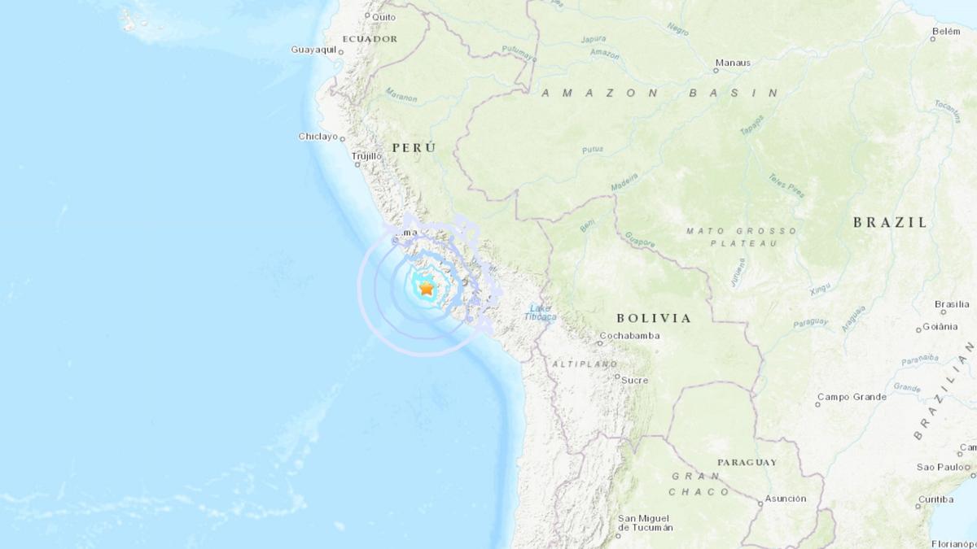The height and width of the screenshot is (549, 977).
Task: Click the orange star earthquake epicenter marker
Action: point(427,288)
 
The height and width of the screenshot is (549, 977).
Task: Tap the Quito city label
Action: point(383,16)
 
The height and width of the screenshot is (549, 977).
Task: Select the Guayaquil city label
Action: point(313,50)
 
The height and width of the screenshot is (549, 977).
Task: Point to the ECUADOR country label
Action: point(370,38)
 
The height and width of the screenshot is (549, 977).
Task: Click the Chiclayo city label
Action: point(318,137)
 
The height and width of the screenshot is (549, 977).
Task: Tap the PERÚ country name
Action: point(414,147)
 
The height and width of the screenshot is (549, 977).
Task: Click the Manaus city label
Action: point(733,63)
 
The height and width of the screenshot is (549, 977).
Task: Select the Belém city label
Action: point(946,31)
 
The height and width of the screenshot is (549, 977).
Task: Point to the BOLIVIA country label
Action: point(654,318)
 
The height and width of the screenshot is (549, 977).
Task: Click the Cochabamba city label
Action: point(629,336)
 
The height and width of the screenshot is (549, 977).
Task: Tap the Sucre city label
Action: point(634,380)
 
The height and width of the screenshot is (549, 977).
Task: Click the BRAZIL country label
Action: point(890,222)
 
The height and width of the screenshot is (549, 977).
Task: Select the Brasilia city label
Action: point(952,304)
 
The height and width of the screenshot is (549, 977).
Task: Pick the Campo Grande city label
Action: point(852,397)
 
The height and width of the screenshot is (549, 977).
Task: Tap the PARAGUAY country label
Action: point(747,462)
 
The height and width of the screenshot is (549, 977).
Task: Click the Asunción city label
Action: point(786,499)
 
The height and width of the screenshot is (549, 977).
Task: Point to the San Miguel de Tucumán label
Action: point(645,523)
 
